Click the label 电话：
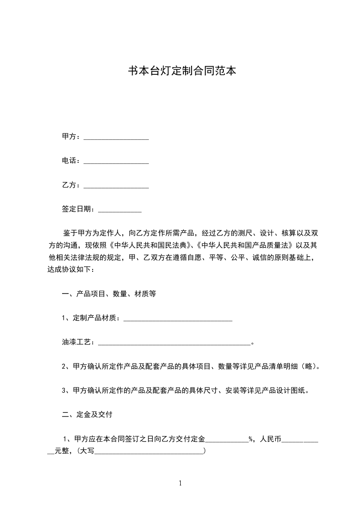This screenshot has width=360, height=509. pyautogui.click(x=71, y=161)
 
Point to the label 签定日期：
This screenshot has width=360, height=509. pyautogui.click(x=79, y=209)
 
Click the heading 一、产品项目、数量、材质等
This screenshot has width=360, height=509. pyautogui.click(x=109, y=294)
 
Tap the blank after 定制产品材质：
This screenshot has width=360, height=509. pyautogui.click(x=178, y=320)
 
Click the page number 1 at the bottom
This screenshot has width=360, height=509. pyautogui.click(x=180, y=483)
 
